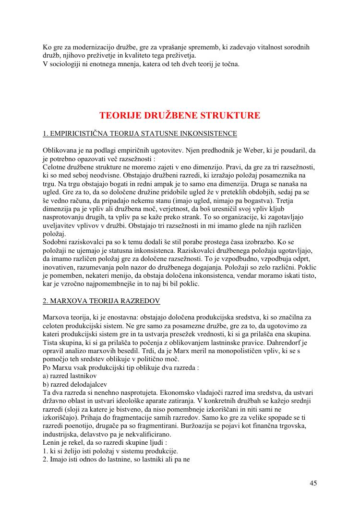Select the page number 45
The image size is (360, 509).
click(x=313, y=483)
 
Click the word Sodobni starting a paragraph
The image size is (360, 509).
click(x=56, y=242)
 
